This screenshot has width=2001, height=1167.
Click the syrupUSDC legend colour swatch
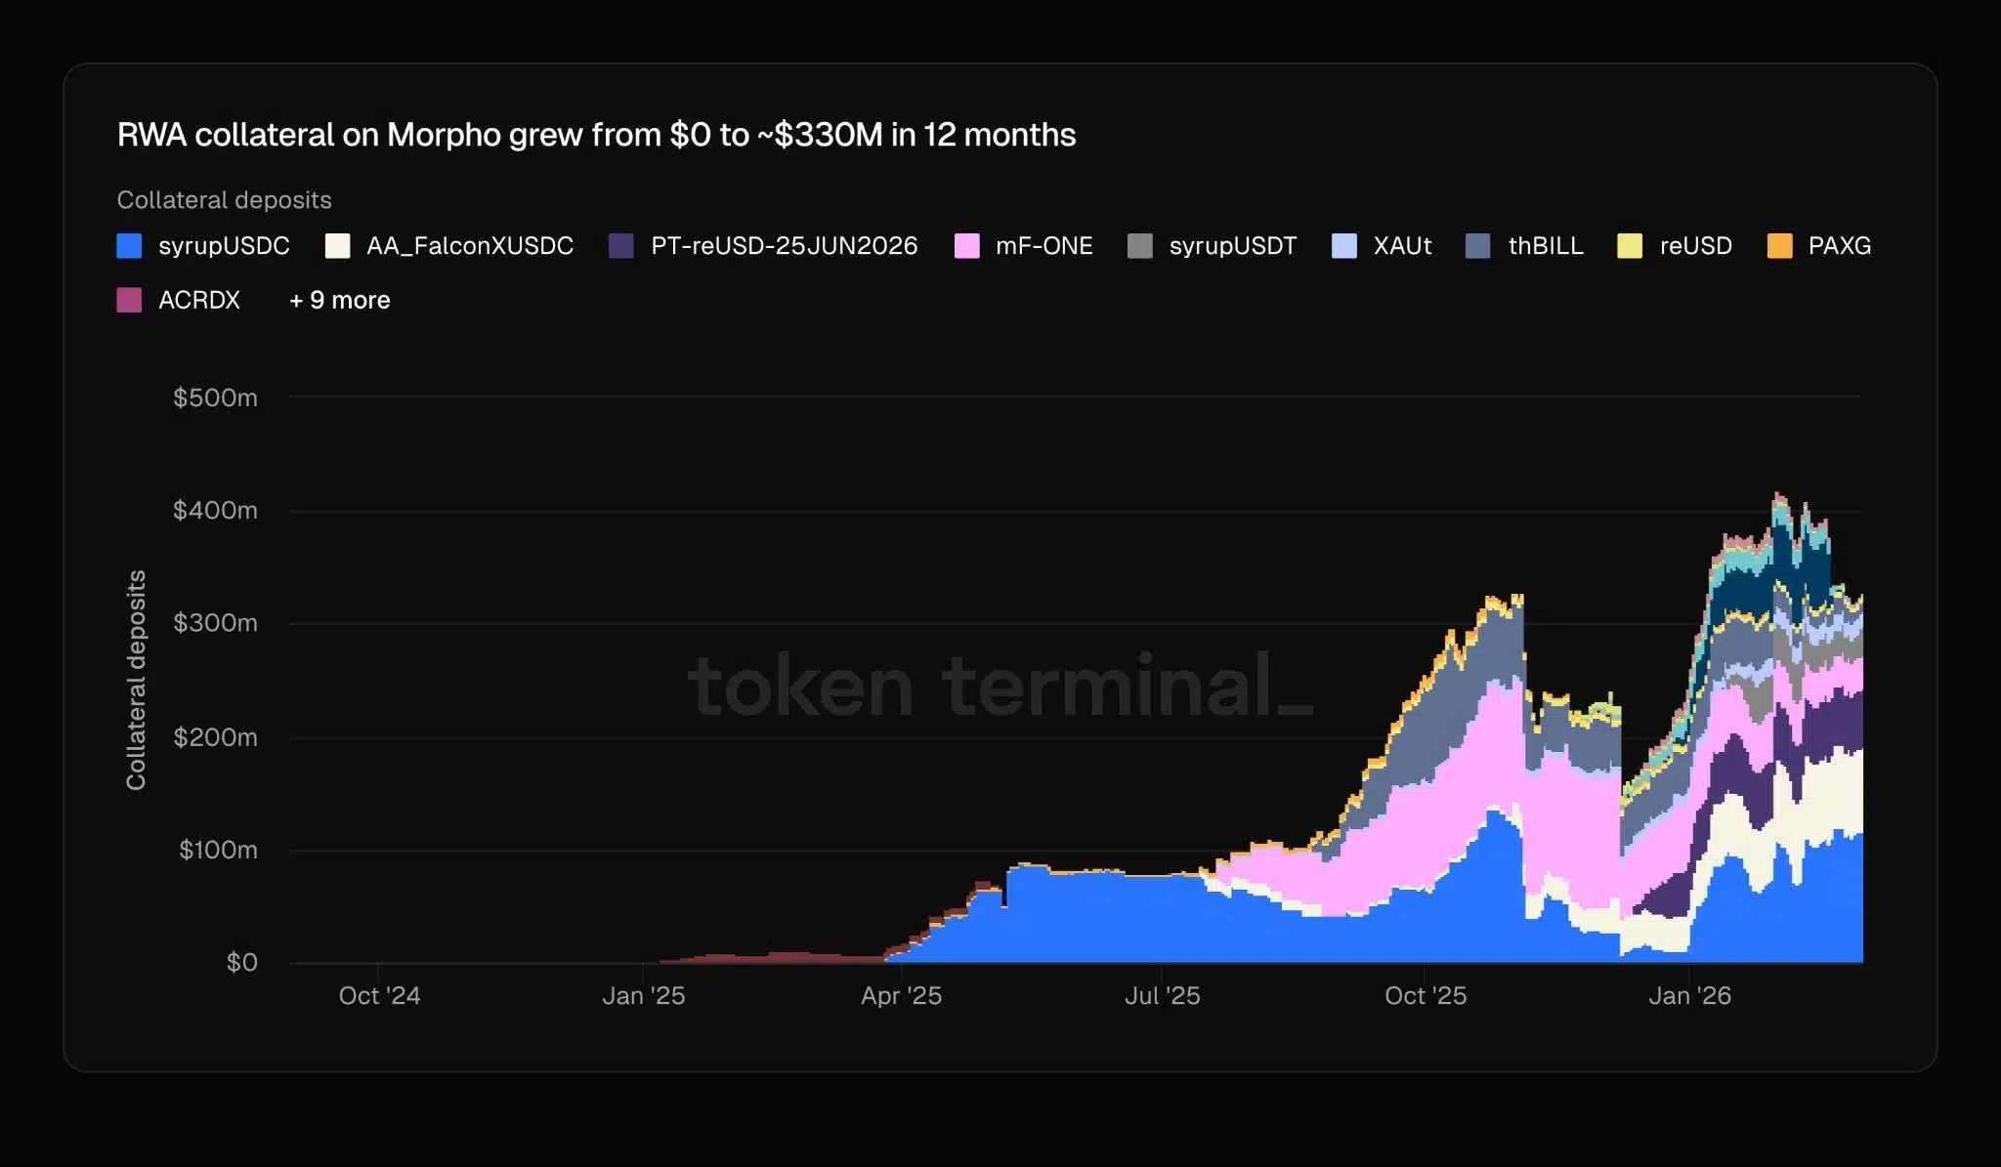pos(129,246)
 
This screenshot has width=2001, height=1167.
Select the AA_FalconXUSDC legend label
pos(469,246)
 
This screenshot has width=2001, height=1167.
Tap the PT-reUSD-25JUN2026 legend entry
pos(784,246)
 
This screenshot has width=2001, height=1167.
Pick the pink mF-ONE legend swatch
pos(966,246)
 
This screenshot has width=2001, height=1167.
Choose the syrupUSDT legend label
pos(1232,246)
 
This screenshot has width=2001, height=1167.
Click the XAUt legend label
pos(1402,246)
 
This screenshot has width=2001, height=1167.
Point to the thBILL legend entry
pos(1545,246)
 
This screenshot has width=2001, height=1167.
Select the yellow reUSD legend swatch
pos(1630,246)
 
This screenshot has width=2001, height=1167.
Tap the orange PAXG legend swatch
pos(1779,246)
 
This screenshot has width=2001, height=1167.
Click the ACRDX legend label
pos(199,300)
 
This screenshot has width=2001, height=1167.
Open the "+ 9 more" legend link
pos(339,300)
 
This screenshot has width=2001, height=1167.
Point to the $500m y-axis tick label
pos(215,397)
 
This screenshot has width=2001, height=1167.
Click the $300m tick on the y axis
pos(215,623)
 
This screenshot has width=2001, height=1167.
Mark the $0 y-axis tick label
pos(241,962)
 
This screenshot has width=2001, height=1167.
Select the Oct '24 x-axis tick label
pos(379,995)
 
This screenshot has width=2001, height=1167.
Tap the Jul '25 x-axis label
pos(1162,995)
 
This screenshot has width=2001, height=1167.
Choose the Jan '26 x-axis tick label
pos(1689,995)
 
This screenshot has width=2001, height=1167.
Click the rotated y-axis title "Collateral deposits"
pos(136,680)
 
